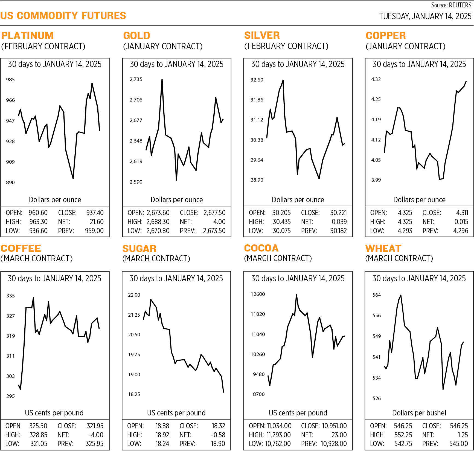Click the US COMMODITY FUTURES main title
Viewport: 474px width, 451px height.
pyautogui.click(x=63, y=16)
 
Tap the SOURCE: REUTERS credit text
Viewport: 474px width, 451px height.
pyautogui.click(x=451, y=5)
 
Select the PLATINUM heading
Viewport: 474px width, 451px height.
pyautogui.click(x=27, y=36)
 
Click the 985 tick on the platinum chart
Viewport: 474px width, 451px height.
pyautogui.click(x=10, y=80)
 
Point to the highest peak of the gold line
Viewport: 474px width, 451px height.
pyautogui.click(x=162, y=80)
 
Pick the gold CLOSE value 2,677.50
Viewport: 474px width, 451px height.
pyautogui.click(x=214, y=213)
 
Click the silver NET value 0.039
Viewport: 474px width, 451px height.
pyautogui.click(x=339, y=222)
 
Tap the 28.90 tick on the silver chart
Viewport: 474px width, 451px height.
pyautogui.click(x=257, y=180)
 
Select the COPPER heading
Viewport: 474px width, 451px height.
pyautogui.click(x=386, y=36)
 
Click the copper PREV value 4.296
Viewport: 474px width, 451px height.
pyautogui.click(x=461, y=231)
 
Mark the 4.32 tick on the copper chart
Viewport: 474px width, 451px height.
pyautogui.click(x=376, y=79)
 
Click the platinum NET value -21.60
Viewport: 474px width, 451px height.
pyautogui.click(x=95, y=222)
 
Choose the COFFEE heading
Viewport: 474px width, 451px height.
pyautogui.click(x=21, y=248)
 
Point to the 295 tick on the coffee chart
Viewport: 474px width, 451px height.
pyautogui.click(x=10, y=396)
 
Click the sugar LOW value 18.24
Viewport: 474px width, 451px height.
pyautogui.click(x=162, y=443)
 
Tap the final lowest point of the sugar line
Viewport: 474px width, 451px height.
pyautogui.click(x=223, y=392)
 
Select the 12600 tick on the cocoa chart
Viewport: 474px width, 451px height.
pyautogui.click(x=258, y=294)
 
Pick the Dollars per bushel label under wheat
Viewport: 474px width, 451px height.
pyautogui.click(x=419, y=413)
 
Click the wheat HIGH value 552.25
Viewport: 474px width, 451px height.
pyautogui.click(x=403, y=435)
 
